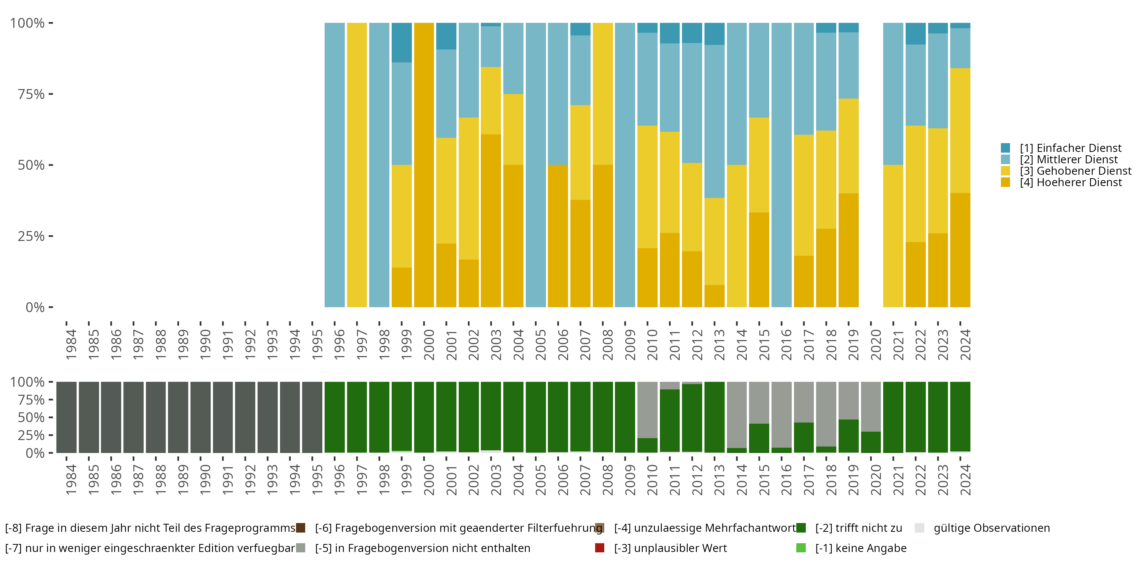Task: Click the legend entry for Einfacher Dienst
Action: click(1070, 148)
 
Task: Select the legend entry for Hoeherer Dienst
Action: click(1070, 183)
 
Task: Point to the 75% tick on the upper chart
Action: click(50, 94)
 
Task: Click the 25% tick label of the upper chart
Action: click(31, 236)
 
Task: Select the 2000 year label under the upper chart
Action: click(428, 345)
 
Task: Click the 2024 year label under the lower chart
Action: click(965, 480)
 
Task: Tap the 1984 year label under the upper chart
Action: click(71, 345)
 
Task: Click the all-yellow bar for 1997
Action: click(357, 165)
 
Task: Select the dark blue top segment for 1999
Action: click(402, 43)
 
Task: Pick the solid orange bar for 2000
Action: click(424, 165)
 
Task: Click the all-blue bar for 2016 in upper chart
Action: click(781, 165)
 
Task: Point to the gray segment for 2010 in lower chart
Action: click(647, 410)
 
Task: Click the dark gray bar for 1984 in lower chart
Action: click(67, 417)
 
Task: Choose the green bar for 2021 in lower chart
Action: click(893, 417)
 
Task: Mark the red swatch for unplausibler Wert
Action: click(599, 548)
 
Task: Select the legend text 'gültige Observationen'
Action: click(991, 528)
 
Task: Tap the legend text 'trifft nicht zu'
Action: click(858, 528)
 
